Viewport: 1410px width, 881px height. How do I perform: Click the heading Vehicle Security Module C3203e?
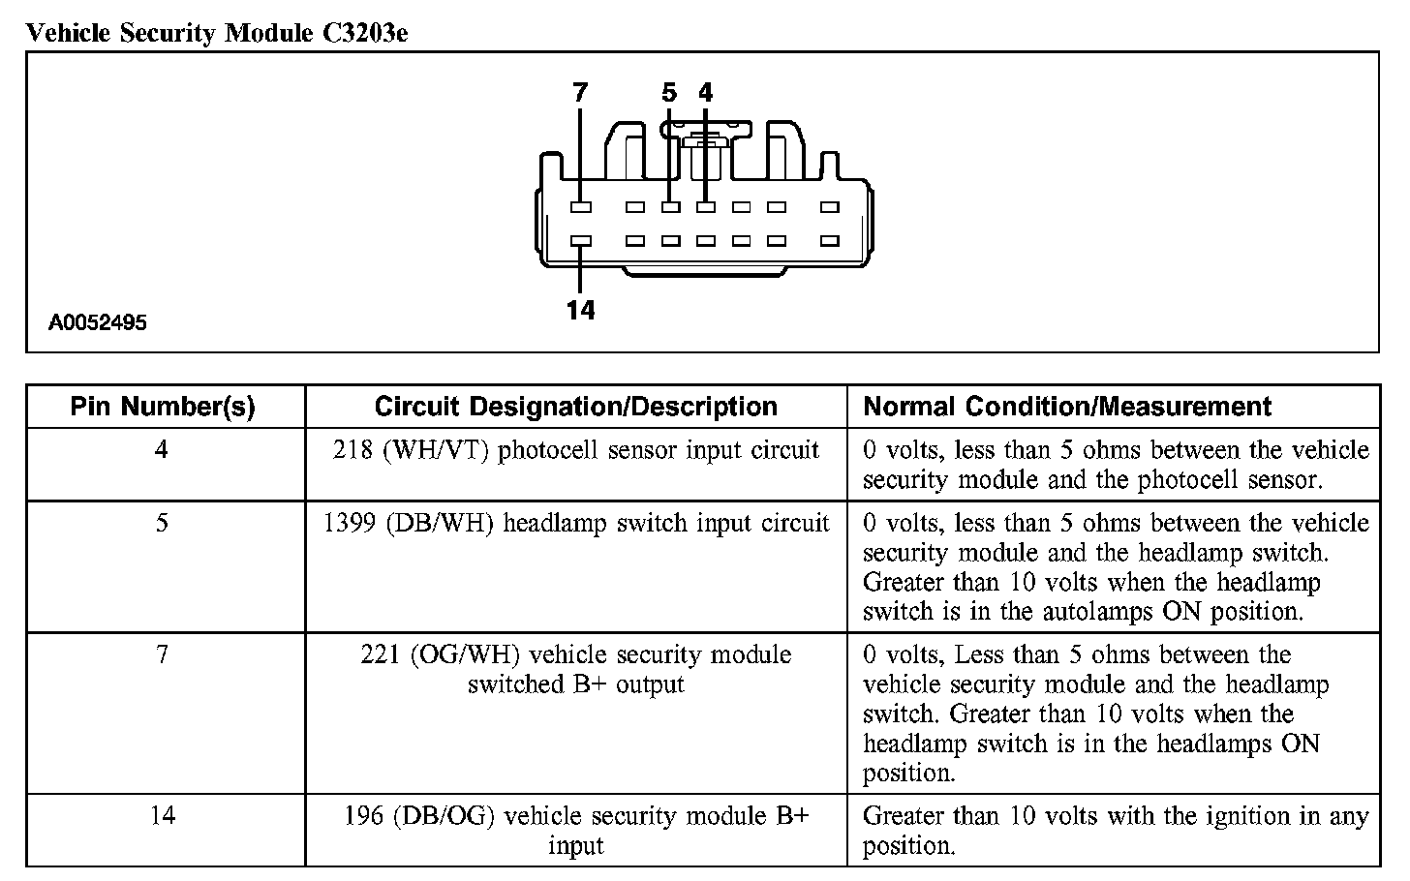[x=218, y=34]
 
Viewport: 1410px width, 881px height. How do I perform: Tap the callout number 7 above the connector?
[x=580, y=93]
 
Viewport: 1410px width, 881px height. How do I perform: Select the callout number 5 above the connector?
[x=669, y=93]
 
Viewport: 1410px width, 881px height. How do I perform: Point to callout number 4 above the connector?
[x=705, y=93]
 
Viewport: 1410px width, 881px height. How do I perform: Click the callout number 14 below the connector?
[x=580, y=310]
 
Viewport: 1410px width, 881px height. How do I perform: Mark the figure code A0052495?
[x=98, y=323]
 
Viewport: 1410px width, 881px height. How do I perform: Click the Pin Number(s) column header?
[x=163, y=407]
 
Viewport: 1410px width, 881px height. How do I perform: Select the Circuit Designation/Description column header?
[x=575, y=407]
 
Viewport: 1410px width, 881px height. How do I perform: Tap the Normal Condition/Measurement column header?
[x=1066, y=407]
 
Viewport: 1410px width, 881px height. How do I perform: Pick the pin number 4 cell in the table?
[x=162, y=450]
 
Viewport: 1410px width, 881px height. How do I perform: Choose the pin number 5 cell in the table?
[x=162, y=524]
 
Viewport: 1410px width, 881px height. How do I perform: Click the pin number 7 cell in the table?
[x=162, y=655]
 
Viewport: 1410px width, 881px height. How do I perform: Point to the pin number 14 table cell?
[x=162, y=816]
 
